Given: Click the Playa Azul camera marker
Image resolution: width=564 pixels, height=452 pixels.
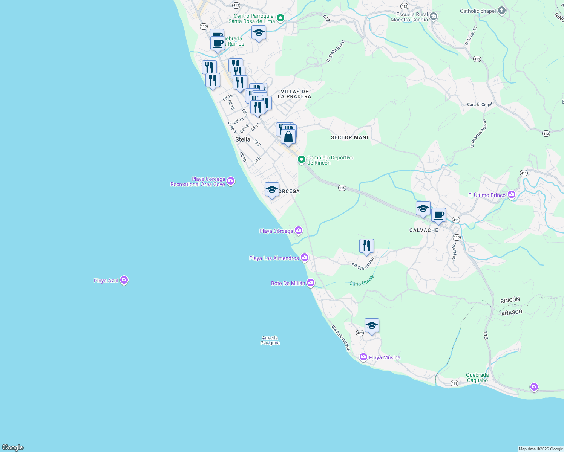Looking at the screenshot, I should (124, 281).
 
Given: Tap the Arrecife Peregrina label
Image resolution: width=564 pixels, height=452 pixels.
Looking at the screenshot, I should (270, 341).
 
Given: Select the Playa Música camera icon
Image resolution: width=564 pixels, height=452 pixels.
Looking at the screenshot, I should (363, 357).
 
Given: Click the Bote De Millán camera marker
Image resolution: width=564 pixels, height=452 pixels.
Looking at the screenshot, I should (311, 282).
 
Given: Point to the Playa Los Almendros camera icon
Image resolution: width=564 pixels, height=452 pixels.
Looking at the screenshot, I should (305, 258).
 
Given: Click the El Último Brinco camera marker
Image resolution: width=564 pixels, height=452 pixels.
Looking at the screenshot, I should (512, 195).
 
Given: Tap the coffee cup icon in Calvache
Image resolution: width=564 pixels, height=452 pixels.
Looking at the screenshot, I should (438, 215).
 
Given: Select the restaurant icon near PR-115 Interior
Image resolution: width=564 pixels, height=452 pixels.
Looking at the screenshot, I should (366, 246).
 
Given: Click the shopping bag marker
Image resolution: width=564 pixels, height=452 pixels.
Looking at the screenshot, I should (288, 137).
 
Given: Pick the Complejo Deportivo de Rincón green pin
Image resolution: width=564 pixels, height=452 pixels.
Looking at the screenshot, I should (301, 160).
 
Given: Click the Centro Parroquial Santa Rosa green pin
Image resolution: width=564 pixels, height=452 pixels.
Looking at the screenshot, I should (280, 18).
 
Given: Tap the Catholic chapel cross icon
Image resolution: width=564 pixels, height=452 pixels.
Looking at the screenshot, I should (501, 11).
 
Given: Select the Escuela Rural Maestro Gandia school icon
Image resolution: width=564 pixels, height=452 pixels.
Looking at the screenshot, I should (434, 16).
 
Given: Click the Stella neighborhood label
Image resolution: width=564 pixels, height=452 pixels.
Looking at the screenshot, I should (243, 139).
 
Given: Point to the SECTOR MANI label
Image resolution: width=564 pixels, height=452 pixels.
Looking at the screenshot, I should (349, 137).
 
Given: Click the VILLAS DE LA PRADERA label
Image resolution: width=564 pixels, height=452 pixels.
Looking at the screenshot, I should (294, 94).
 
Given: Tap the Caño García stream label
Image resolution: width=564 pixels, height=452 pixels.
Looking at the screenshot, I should (362, 281).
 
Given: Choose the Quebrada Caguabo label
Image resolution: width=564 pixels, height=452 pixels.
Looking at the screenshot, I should (477, 377).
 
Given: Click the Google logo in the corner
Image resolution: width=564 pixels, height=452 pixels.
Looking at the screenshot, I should (13, 447).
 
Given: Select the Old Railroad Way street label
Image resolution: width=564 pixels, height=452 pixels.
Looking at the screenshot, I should (341, 339).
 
